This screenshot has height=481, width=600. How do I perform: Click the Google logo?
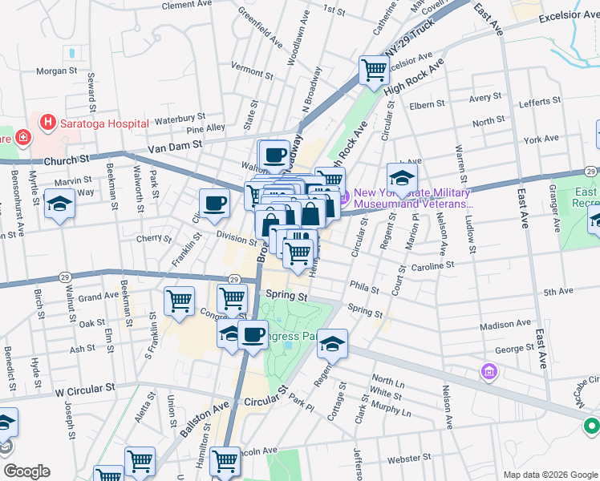tap(26, 471)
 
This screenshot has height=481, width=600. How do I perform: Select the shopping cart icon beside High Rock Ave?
tap(374, 71)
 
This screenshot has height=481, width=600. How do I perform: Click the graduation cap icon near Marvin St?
tap(60, 204)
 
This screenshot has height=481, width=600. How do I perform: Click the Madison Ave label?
tap(505, 325)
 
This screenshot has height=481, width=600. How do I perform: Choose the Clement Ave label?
tap(189, 5)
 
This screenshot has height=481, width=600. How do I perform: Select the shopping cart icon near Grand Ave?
tap(179, 301)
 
